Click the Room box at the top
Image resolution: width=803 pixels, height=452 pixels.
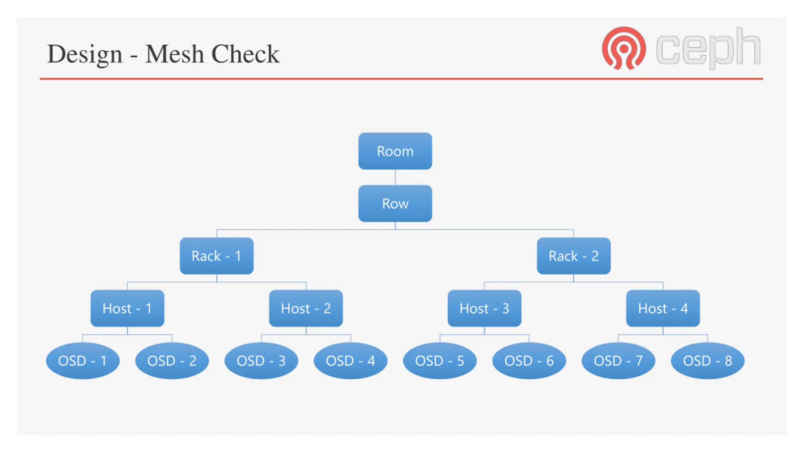[395, 151]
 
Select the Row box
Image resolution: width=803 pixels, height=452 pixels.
[395, 203]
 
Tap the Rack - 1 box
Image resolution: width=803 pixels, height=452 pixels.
[216, 256]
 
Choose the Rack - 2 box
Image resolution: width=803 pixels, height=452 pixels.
[573, 256]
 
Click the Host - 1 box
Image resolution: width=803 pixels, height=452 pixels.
[127, 308]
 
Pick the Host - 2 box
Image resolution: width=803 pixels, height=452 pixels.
[306, 308]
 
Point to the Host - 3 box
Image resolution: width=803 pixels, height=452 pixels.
[484, 308]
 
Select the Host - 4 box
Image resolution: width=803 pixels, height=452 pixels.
[663, 308]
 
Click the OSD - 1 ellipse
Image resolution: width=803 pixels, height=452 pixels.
[83, 361]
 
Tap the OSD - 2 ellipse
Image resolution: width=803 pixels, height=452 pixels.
[172, 361]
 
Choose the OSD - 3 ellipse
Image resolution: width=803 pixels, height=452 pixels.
[261, 361]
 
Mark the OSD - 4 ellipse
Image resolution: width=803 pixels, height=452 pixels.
[350, 361]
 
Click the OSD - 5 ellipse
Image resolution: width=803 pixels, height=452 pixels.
[440, 361]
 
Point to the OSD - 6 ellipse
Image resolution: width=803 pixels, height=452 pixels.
[529, 361]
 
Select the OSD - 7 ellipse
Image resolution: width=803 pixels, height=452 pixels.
[618, 361]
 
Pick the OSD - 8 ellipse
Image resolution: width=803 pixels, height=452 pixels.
[707, 361]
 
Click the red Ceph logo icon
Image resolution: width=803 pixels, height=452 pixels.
[624, 48]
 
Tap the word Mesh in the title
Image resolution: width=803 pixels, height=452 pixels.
[174, 54]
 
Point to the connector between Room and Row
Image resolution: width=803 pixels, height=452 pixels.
[395, 177]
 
